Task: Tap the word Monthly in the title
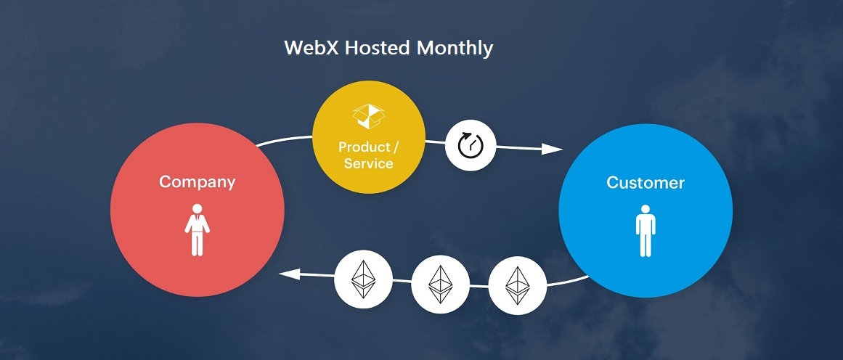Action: [x=455, y=49]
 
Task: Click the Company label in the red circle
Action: [x=197, y=181]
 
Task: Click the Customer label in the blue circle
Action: [x=646, y=182]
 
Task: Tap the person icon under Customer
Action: [x=646, y=230]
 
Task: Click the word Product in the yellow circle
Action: [x=363, y=147]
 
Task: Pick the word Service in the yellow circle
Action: [x=368, y=163]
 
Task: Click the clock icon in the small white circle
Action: [x=470, y=146]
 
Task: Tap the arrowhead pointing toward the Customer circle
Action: [x=553, y=150]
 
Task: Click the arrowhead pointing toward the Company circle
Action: [x=290, y=274]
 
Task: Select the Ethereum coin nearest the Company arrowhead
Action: [x=363, y=278]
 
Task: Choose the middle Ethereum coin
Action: [x=440, y=284]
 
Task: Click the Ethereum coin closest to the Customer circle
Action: [x=517, y=284]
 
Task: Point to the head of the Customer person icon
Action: [x=646, y=210]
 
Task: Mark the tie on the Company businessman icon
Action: [x=197, y=219]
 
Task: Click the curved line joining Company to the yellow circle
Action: [x=283, y=139]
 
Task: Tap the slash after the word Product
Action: [x=396, y=147]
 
